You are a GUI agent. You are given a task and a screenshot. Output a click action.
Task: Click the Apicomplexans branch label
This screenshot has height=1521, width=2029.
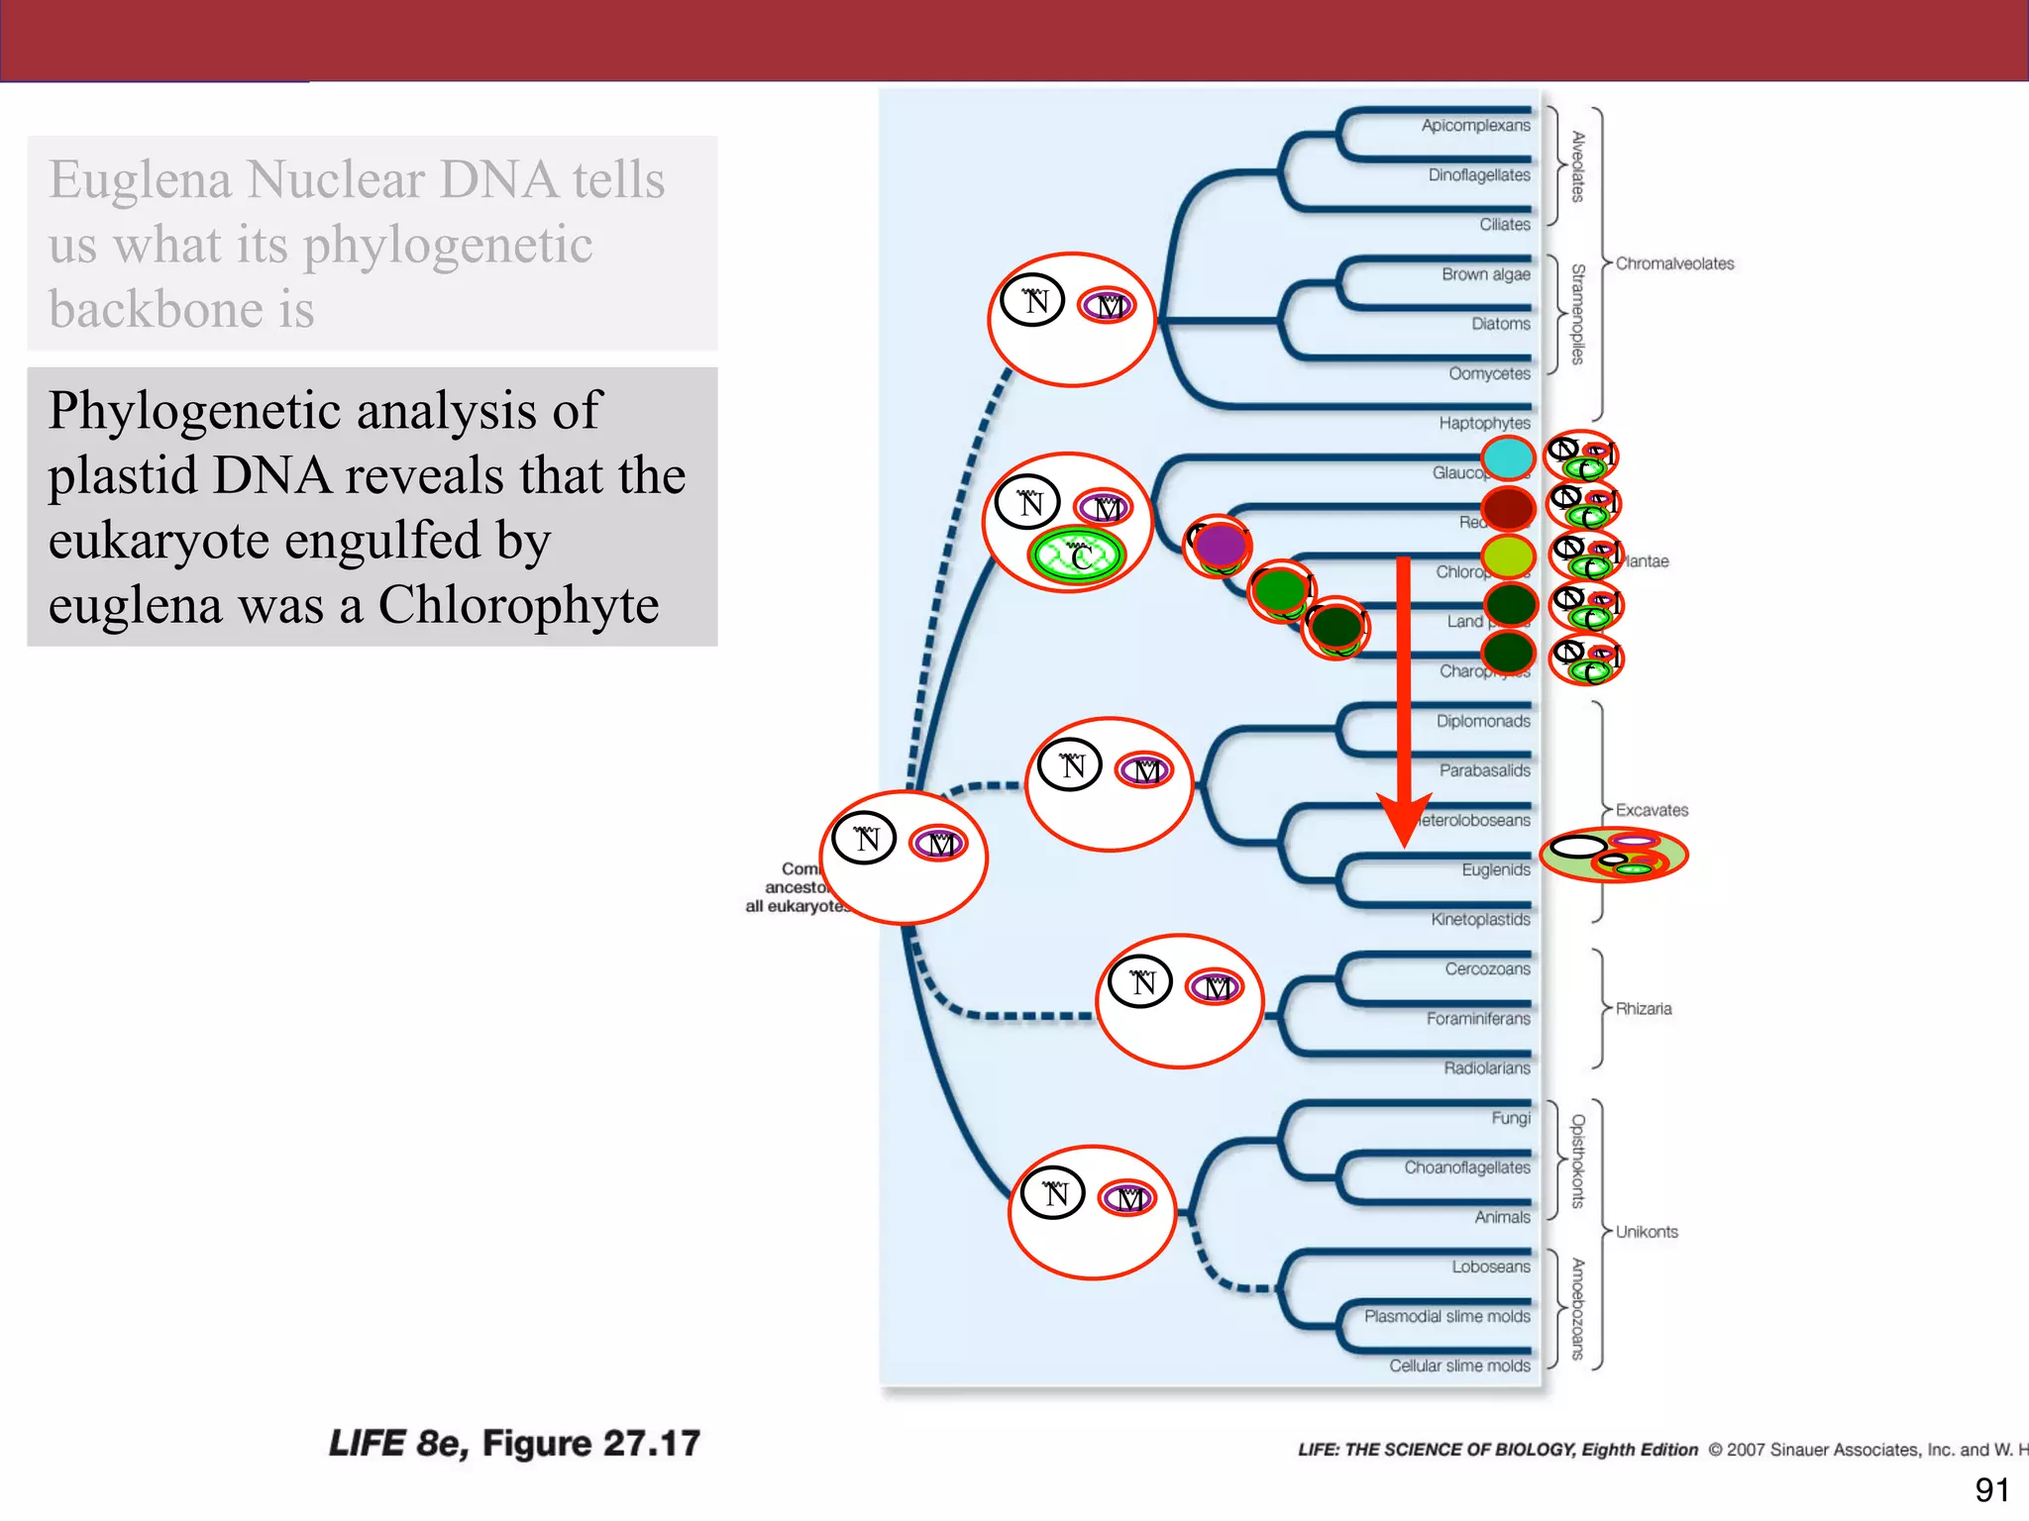click(x=1475, y=126)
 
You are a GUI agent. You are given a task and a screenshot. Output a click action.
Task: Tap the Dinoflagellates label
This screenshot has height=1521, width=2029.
click(x=1478, y=175)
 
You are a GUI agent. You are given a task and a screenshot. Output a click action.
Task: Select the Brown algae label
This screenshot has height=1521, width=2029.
click(x=1485, y=274)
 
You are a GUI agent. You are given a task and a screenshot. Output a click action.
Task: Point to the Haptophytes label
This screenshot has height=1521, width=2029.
click(x=1484, y=423)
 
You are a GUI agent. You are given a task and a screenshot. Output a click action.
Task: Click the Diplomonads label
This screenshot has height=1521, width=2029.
click(x=1482, y=721)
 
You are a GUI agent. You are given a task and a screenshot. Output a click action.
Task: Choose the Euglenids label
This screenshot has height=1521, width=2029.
click(x=1495, y=869)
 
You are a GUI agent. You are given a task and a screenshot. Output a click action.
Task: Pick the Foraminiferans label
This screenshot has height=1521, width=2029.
click(x=1477, y=1018)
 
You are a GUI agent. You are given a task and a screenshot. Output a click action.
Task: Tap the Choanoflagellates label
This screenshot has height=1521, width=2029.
click(x=1466, y=1167)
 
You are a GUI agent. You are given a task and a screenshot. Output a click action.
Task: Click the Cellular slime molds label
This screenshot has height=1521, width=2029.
click(x=1458, y=1366)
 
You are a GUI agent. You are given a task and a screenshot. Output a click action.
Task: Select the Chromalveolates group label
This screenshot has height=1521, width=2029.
click(x=1674, y=263)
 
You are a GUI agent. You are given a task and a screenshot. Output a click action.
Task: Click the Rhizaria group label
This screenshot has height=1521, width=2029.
click(x=1643, y=1008)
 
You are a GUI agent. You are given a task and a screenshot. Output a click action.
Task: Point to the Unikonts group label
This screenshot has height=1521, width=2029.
click(x=1647, y=1232)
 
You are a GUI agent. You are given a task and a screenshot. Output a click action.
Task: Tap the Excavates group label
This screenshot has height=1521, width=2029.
click(x=1652, y=810)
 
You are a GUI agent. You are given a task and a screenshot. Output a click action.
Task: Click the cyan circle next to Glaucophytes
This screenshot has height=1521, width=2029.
click(x=1508, y=458)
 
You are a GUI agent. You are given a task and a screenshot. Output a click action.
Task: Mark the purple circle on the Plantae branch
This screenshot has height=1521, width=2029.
click(x=1220, y=545)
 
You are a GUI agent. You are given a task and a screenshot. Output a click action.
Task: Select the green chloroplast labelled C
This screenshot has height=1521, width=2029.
click(x=1077, y=557)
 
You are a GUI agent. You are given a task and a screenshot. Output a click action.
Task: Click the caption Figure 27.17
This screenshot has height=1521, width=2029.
click(x=590, y=1444)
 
